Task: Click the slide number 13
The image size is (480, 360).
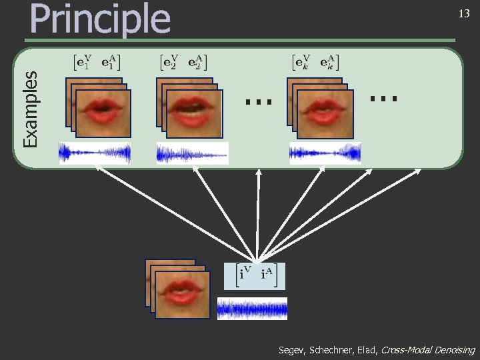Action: click(x=463, y=14)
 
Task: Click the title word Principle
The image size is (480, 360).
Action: click(x=100, y=19)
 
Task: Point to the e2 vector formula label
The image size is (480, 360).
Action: click(x=185, y=63)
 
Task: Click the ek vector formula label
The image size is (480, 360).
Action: click(x=316, y=63)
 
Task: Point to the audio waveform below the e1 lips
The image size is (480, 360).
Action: click(x=94, y=153)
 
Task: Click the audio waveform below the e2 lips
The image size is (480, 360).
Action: click(x=193, y=153)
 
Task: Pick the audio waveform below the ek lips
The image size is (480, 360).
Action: click(x=325, y=153)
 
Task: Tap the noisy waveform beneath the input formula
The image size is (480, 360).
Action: click(x=252, y=308)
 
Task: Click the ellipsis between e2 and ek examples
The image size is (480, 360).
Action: click(x=259, y=101)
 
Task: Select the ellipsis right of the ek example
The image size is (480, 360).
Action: click(x=385, y=98)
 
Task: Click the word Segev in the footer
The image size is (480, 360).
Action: click(x=292, y=349)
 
